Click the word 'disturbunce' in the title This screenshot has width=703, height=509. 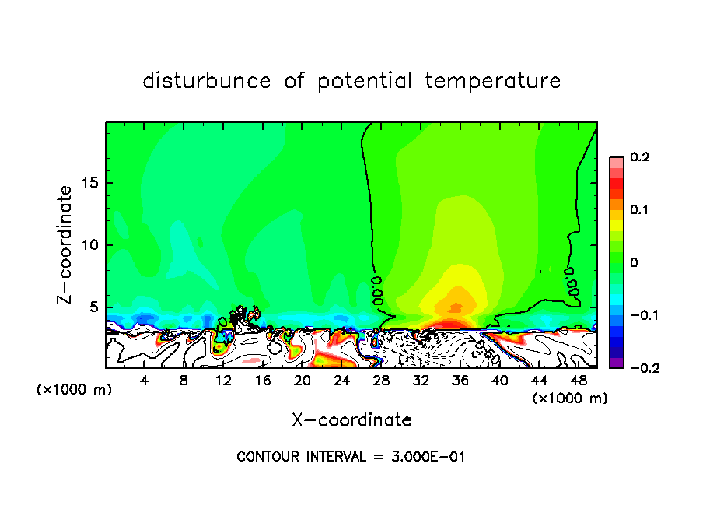207,81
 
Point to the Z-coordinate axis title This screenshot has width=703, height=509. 66,244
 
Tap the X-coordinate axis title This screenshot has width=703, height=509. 351,420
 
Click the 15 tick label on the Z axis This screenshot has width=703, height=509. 90,183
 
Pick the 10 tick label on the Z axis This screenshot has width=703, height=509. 90,245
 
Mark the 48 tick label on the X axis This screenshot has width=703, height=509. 578,381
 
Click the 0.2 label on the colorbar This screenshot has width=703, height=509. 640,157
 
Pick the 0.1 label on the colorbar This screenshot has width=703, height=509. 640,210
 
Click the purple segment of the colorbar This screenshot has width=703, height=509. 617,363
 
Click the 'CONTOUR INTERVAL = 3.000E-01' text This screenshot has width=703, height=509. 351,457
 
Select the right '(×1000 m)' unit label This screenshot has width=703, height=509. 570,398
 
